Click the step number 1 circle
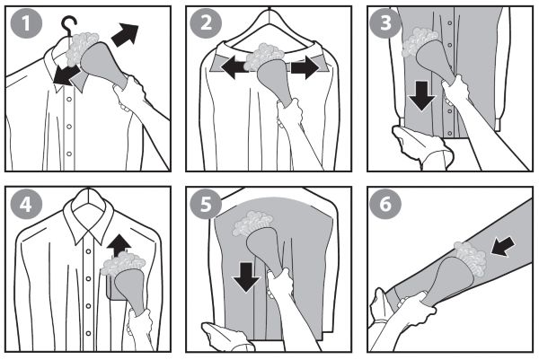point(26,23)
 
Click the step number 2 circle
point(206,23)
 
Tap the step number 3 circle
point(385,23)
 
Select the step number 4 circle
point(26,205)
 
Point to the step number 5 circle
point(206,205)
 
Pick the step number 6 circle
point(385,205)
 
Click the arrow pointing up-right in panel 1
point(125,34)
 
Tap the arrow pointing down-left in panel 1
point(66,76)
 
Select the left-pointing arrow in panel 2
point(234,67)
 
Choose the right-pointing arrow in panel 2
point(305,67)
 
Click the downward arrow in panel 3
point(422,96)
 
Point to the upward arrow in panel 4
point(119,246)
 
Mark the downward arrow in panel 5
point(246,277)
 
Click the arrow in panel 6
point(503,246)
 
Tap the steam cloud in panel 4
point(123,264)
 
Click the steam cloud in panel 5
point(252,223)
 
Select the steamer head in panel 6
point(450,280)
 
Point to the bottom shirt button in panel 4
point(89,333)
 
